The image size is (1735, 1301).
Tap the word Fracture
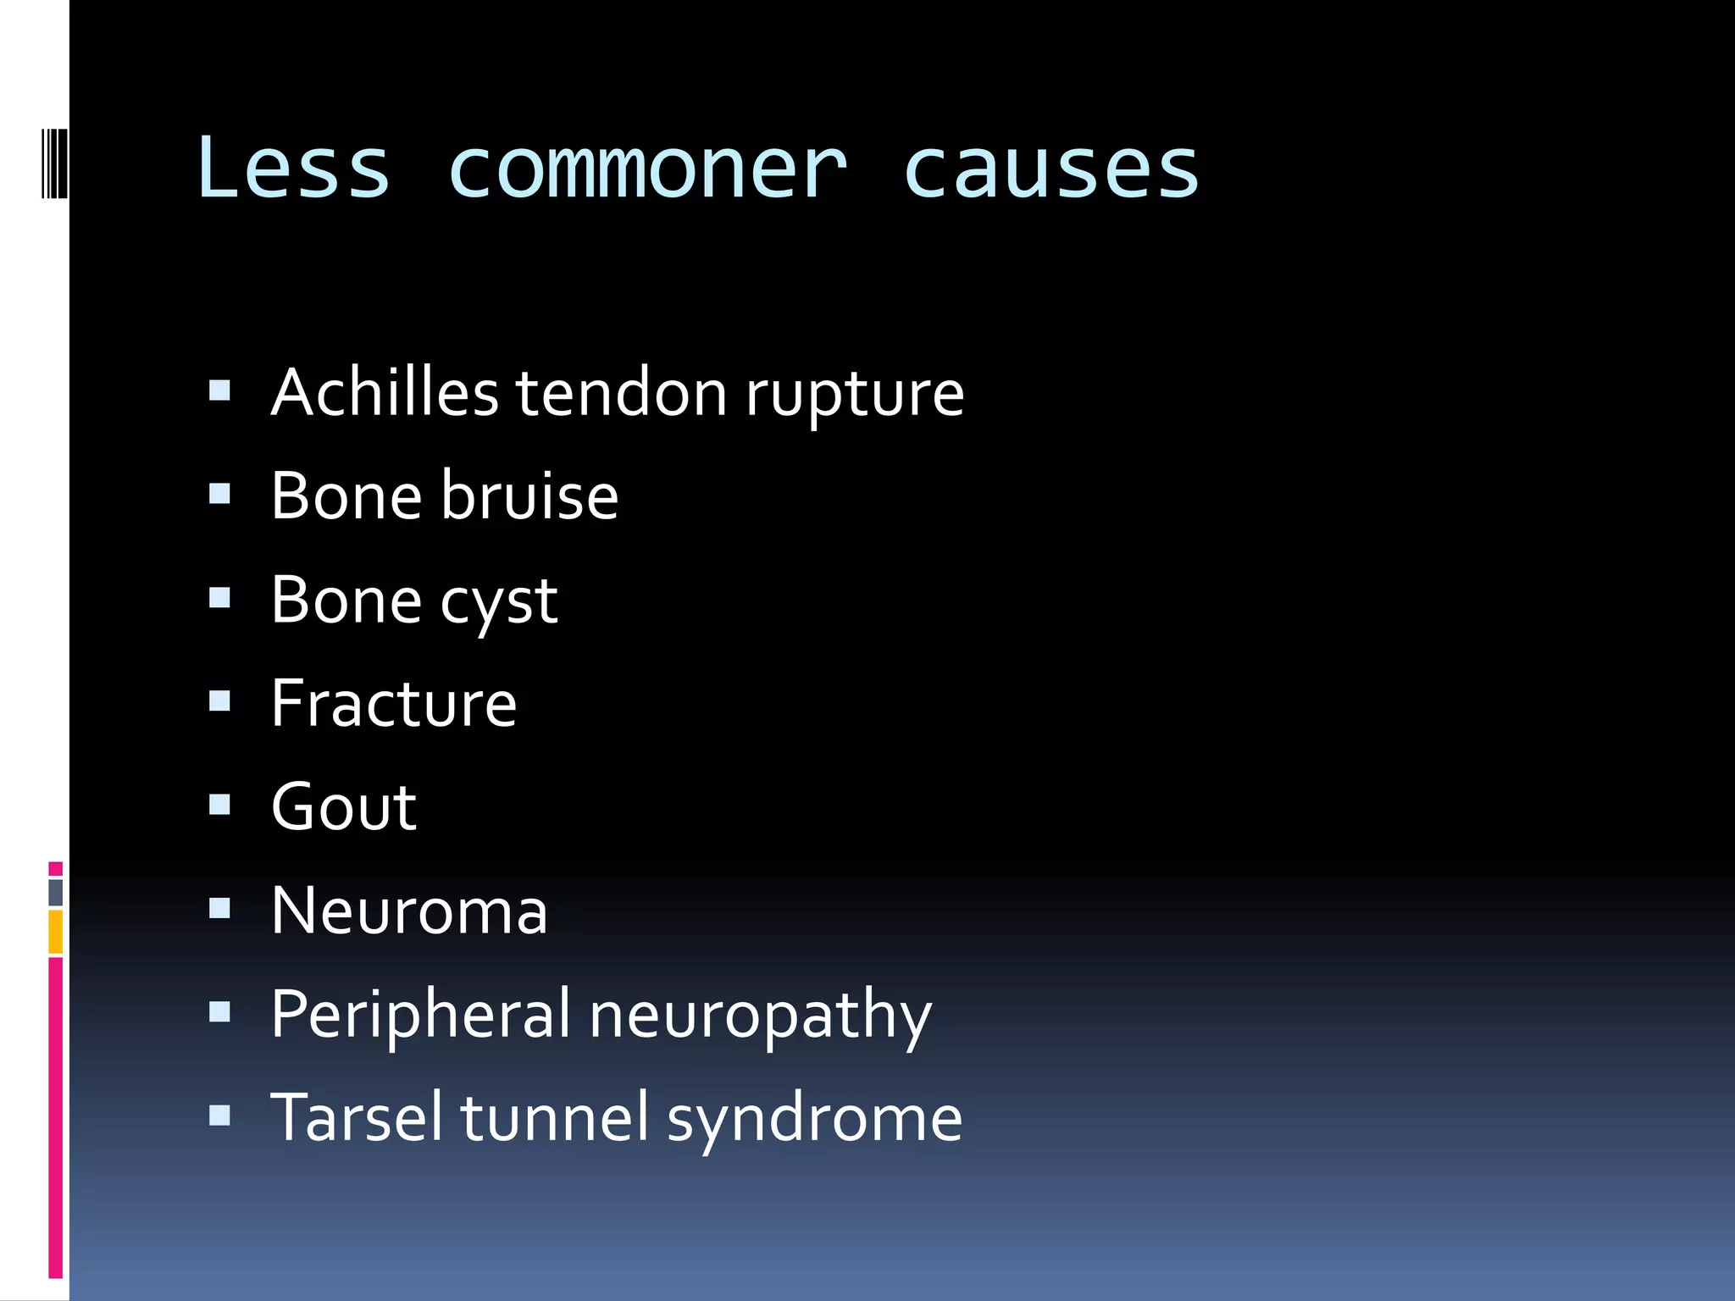point(394,704)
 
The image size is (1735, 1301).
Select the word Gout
point(344,807)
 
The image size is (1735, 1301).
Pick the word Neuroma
point(410,911)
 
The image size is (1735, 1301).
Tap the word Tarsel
point(357,1118)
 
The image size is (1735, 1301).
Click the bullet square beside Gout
point(219,804)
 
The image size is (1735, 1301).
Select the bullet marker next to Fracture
point(219,700)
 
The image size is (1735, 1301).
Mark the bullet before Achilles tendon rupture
point(219,390)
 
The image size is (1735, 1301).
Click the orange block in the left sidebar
point(56,932)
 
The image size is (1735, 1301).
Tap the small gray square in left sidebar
point(56,892)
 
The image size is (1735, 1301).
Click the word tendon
point(622,394)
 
